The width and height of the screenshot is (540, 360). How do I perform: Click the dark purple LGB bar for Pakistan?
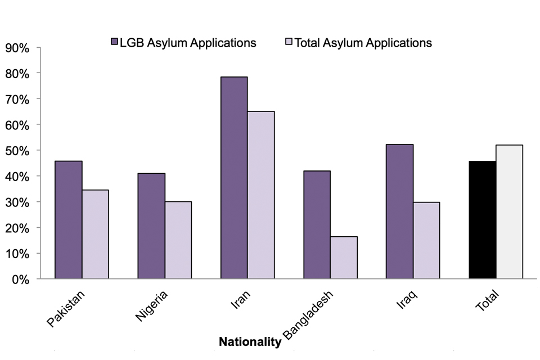69,220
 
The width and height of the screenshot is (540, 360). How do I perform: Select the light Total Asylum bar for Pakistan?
95,235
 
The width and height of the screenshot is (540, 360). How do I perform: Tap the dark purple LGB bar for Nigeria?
151,226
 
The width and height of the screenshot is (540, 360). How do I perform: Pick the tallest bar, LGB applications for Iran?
234,178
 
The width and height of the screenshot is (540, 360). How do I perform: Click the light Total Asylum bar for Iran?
261,195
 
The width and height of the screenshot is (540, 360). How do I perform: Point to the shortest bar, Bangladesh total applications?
344,258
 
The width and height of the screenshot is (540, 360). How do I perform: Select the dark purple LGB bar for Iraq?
399,211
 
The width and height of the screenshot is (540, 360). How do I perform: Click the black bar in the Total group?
483,220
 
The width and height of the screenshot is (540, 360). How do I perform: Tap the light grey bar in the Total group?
510,212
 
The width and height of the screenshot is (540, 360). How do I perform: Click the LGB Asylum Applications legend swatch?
114,42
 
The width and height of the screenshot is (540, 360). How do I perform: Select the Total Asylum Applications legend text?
363,43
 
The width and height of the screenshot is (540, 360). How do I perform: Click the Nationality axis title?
250,341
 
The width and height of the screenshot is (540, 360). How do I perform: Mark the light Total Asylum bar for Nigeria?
178,240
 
